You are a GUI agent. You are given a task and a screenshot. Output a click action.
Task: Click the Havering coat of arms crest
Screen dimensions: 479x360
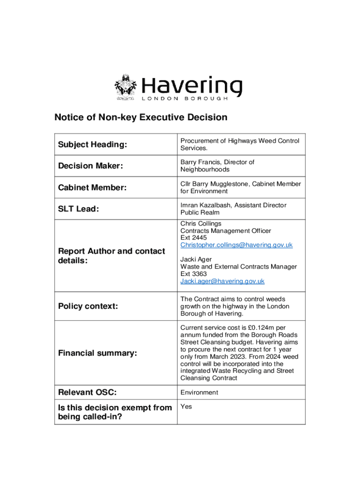(125, 87)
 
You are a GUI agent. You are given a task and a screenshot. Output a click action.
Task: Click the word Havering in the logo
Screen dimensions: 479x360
(192, 86)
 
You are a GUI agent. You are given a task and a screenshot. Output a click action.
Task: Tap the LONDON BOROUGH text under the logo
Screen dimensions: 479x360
(185, 99)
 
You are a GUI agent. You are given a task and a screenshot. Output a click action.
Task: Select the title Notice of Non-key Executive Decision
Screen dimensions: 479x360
(141, 117)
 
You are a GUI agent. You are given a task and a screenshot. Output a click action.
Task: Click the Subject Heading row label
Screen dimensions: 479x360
(92, 145)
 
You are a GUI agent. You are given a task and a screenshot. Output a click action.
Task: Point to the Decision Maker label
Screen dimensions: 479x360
(90, 166)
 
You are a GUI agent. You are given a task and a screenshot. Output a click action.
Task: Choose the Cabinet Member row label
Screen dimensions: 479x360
(92, 188)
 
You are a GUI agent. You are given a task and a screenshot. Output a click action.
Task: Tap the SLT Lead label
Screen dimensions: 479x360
(78, 209)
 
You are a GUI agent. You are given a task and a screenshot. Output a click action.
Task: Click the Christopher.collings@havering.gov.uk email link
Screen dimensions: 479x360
(237, 245)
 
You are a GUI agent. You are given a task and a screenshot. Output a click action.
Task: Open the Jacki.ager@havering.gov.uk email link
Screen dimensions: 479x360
(223, 281)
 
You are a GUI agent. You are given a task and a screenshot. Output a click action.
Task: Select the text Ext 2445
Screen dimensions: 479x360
(194, 238)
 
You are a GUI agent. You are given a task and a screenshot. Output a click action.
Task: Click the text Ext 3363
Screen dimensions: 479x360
(194, 274)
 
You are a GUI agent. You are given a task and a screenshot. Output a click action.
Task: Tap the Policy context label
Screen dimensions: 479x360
(87, 306)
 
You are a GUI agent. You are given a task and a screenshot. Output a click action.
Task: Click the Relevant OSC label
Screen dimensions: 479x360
(87, 392)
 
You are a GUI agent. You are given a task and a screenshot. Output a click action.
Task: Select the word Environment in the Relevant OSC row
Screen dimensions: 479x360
(199, 392)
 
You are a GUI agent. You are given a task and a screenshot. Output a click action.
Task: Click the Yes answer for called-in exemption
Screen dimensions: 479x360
(186, 407)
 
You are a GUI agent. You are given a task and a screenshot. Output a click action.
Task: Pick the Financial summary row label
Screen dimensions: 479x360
(97, 353)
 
